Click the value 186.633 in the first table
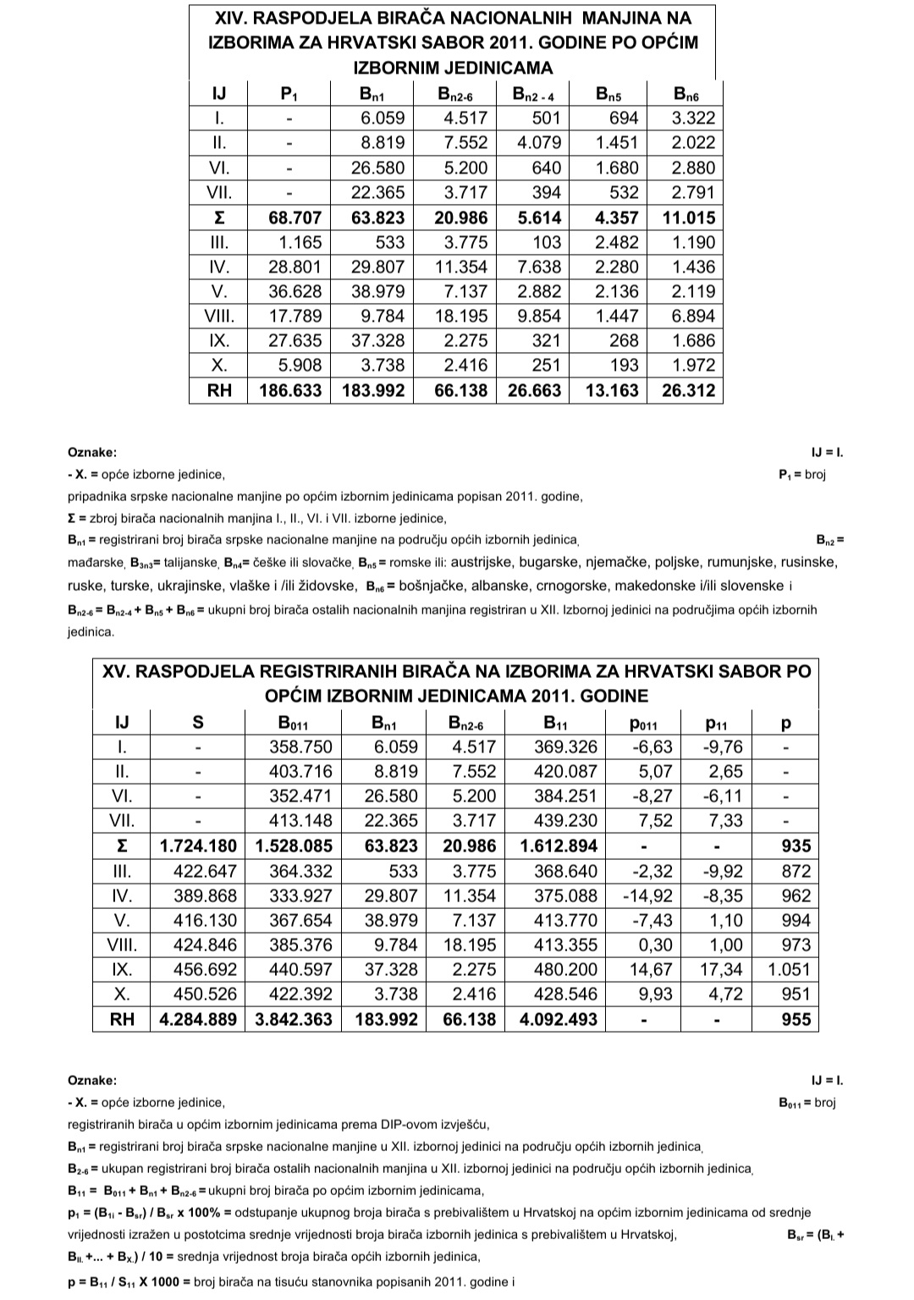pos(289,391)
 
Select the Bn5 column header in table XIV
pos(608,94)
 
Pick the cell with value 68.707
pos(289,218)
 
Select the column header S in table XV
pos(198,723)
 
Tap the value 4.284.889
pos(198,1020)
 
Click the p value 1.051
pos(789,970)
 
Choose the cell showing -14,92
pos(647,896)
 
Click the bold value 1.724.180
pos(198,846)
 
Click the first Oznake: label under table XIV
pos(92,453)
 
